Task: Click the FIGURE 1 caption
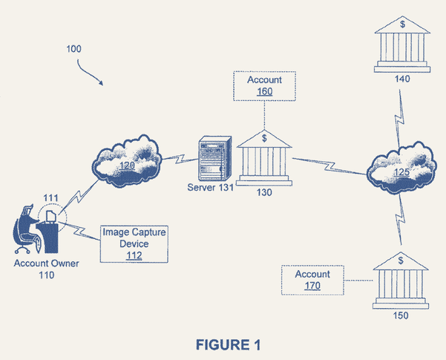229,344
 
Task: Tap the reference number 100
74,49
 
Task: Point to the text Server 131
211,187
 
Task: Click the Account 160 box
264,86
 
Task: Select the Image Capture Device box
134,244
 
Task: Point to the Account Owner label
47,264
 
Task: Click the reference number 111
50,197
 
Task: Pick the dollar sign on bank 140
402,24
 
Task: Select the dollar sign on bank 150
401,261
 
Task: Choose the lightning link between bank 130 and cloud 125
328,166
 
